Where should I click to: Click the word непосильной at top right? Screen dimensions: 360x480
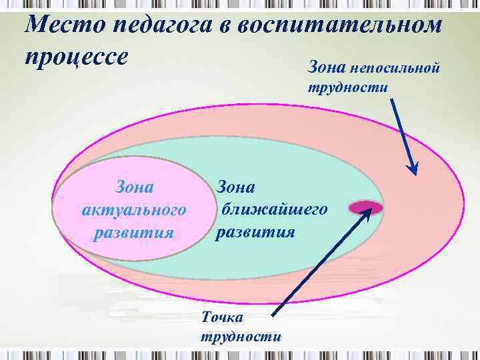(403, 67)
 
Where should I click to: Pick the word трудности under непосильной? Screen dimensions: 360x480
(347, 87)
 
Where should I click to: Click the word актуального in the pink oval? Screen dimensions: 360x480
(133, 210)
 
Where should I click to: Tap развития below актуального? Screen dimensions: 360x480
(134, 233)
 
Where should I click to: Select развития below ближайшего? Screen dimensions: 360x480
(255, 232)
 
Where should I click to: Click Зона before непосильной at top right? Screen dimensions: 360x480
(327, 67)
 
